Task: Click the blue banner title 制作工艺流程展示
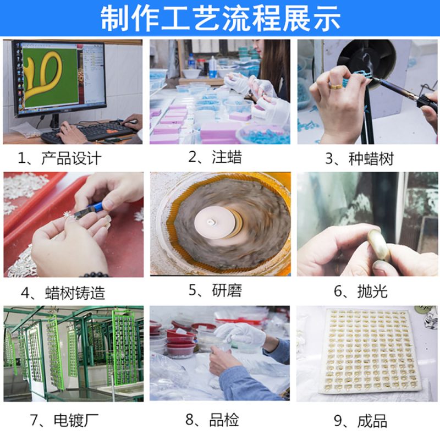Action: pos(221,18)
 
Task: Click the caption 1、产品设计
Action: pos(59,158)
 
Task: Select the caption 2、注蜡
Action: pos(215,157)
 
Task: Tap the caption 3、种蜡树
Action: pos(360,158)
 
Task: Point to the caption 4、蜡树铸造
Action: pos(63,293)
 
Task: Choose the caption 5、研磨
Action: pos(215,290)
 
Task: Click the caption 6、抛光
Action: pos(361,291)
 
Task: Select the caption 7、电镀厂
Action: pos(64,420)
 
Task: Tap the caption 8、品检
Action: pos(212,420)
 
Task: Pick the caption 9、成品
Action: pos(361,421)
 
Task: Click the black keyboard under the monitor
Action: pos(87,132)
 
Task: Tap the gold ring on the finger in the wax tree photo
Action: pos(336,86)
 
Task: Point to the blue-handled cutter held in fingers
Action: pos(89,210)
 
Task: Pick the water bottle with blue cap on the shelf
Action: pos(191,61)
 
